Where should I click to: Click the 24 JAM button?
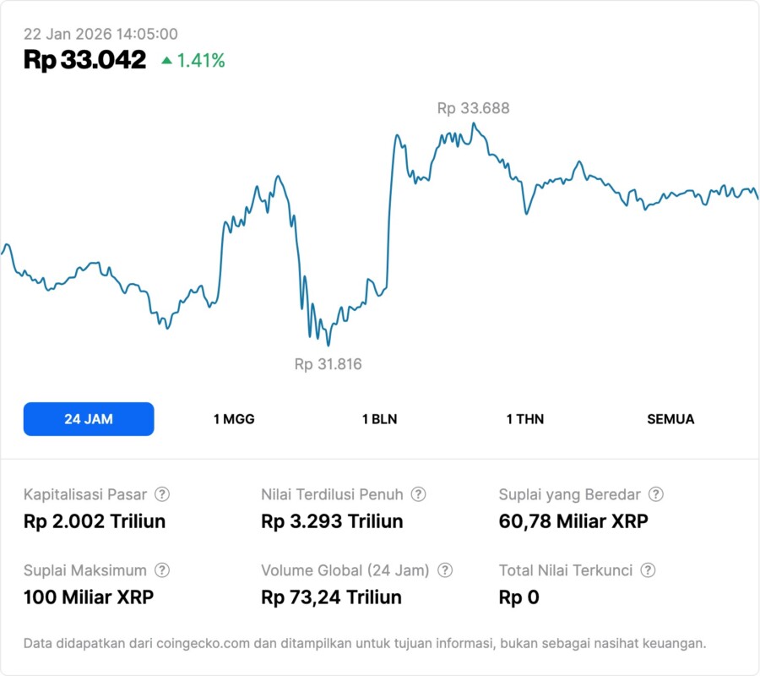[x=89, y=419]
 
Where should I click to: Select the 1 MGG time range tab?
[x=234, y=419]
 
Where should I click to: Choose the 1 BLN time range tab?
[x=379, y=419]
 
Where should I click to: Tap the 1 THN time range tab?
[x=525, y=419]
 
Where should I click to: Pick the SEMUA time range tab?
[x=670, y=419]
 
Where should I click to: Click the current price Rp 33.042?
[x=84, y=60]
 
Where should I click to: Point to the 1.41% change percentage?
[x=201, y=61]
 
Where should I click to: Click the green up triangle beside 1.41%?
[x=166, y=60]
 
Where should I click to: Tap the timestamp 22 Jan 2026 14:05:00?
[x=100, y=34]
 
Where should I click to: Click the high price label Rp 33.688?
[x=473, y=108]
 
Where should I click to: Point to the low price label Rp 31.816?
[x=328, y=364]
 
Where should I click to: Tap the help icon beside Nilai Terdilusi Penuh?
[x=418, y=494]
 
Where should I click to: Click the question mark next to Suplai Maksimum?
[x=162, y=570]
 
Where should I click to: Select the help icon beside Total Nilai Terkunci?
[x=648, y=570]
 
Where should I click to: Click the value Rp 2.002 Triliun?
[x=95, y=521]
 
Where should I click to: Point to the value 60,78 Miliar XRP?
[x=573, y=521]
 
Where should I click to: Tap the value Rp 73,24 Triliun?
[x=332, y=597]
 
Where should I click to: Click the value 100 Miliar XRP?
[x=89, y=597]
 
